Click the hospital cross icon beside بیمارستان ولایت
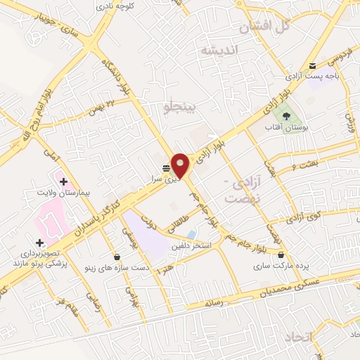tap(63, 182)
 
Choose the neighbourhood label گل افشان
tap(264, 29)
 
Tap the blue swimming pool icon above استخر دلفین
tap(191, 234)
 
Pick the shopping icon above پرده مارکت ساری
tap(281, 255)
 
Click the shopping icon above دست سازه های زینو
tap(116, 256)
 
